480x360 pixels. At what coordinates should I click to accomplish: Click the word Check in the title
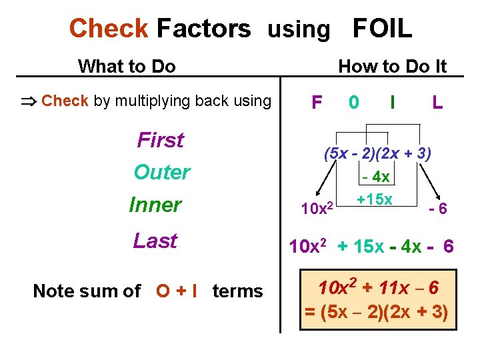tap(109, 29)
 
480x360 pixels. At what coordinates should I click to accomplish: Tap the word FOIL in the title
tap(382, 29)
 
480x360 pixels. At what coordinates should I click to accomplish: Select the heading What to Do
tap(127, 66)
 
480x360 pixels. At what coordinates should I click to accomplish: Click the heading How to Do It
tap(392, 66)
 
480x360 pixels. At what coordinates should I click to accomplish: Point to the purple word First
tap(160, 140)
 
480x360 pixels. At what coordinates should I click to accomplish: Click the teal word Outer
tap(162, 172)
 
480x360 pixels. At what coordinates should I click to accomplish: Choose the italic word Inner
tap(155, 205)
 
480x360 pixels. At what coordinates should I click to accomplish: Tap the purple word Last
tap(155, 241)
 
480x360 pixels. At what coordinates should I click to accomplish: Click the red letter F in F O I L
tap(317, 102)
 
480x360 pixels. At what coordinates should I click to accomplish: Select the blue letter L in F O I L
tap(437, 102)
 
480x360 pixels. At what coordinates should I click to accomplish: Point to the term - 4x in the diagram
tap(376, 177)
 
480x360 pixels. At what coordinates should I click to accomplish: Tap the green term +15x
tap(374, 199)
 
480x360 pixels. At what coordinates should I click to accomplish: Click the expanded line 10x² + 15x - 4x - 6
tap(371, 247)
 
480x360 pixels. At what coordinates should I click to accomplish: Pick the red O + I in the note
tap(176, 291)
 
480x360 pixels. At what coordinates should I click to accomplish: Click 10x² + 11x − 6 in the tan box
tap(378, 288)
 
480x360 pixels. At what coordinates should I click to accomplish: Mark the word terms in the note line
tap(237, 291)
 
